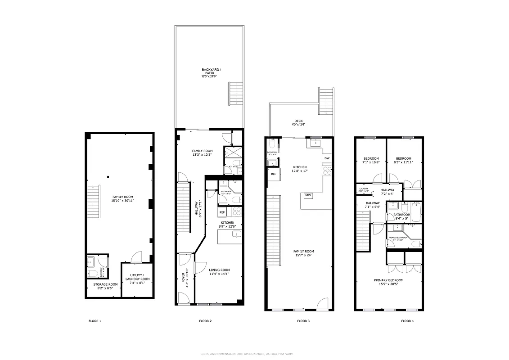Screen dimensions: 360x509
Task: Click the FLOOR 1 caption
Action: point(95,321)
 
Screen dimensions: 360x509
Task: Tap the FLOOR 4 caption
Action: point(407,321)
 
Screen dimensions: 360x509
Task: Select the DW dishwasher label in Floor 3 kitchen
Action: point(327,158)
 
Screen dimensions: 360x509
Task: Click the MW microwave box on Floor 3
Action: point(308,195)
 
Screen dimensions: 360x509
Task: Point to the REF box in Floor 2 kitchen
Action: point(222,212)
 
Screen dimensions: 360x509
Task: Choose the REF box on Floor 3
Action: point(273,174)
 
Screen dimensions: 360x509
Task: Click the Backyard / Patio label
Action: point(211,73)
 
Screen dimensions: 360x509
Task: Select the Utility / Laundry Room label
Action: point(137,277)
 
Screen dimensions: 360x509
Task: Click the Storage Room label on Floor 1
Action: point(105,286)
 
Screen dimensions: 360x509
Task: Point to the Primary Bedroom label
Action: point(388,282)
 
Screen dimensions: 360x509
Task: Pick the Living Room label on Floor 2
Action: point(219,272)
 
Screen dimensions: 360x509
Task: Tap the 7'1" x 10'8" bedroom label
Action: point(371,160)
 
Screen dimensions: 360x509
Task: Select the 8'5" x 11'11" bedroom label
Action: point(404,160)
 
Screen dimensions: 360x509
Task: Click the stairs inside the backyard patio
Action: point(235,93)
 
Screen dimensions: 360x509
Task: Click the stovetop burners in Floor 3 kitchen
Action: point(327,171)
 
